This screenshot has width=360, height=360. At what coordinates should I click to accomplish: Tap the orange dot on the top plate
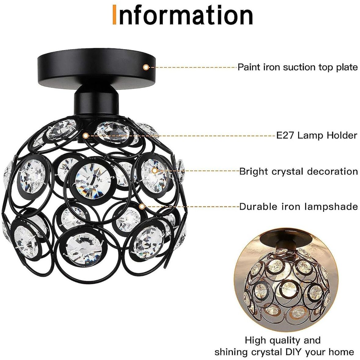(146, 67)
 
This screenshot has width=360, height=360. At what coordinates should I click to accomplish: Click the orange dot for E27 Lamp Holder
(86, 136)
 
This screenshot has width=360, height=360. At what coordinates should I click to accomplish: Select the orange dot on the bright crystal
(155, 170)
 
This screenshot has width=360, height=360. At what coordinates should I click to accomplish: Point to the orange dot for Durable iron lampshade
(142, 207)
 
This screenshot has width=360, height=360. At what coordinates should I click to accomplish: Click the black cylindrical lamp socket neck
(96, 102)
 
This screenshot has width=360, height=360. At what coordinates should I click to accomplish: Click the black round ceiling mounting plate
(96, 70)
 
